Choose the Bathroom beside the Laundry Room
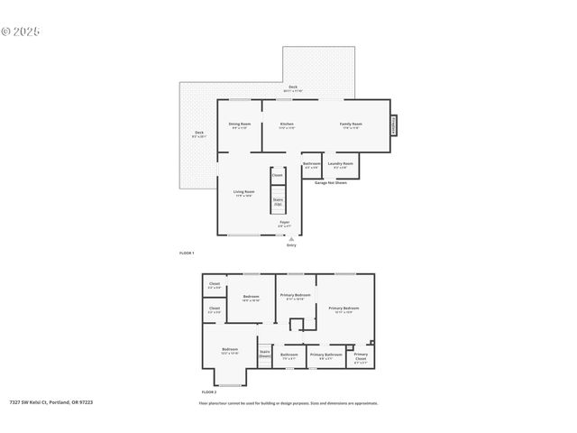pos(312,163)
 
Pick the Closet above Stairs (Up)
pos(277,175)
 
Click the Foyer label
pos(284,222)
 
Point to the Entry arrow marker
pos(290,238)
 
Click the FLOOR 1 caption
pos(187,253)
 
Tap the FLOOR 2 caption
pos(209,392)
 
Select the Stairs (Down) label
pos(265,355)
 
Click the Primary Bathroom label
pos(325,355)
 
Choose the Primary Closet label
pos(361,355)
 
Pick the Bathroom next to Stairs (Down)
pos(288,355)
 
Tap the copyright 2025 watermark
pos(21,32)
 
